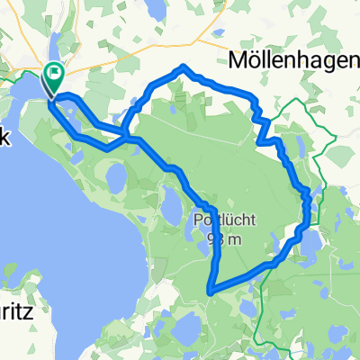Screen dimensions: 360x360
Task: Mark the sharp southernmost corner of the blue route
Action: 210,291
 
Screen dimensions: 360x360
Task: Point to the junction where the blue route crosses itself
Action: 128,138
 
